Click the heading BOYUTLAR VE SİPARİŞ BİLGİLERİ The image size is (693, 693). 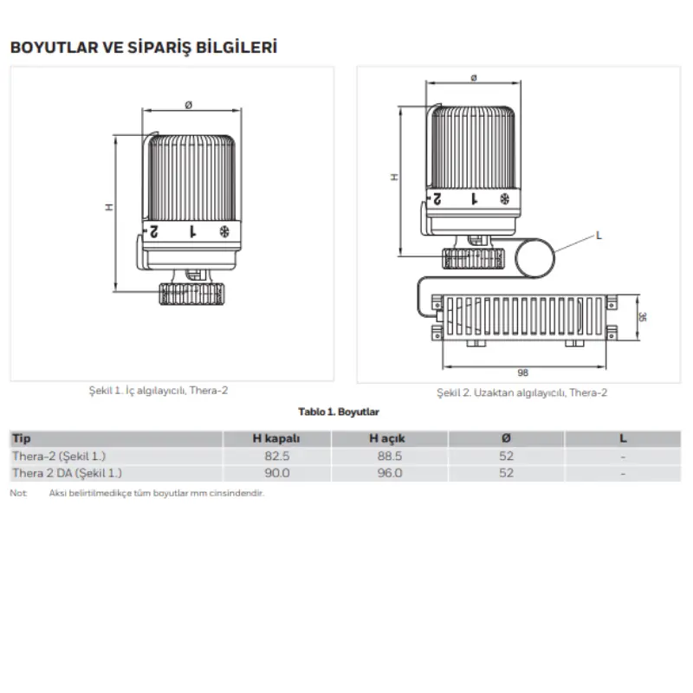tap(144, 48)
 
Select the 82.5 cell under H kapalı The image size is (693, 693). tap(277, 457)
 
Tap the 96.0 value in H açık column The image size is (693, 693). tap(389, 473)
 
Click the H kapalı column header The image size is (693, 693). tap(276, 438)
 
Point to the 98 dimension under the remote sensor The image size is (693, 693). tap(523, 372)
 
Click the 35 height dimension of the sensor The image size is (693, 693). tap(642, 317)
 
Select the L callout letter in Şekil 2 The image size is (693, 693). tap(599, 236)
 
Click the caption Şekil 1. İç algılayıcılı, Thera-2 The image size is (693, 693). tap(159, 391)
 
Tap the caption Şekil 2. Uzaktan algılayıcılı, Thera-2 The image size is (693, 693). tap(522, 393)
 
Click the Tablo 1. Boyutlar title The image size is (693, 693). tap(339, 412)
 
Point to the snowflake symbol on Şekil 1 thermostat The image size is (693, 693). tap(224, 231)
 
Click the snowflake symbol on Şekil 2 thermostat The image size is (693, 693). tap(504, 199)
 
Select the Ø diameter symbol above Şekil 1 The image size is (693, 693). tap(189, 105)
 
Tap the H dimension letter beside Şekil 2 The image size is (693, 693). tap(394, 178)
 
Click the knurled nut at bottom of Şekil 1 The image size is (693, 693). tap(191, 294)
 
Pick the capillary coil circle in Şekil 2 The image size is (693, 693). tap(534, 258)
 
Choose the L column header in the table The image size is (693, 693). tap(623, 438)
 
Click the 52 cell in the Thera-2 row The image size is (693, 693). tap(506, 457)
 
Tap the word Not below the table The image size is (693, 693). tap(18, 493)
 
